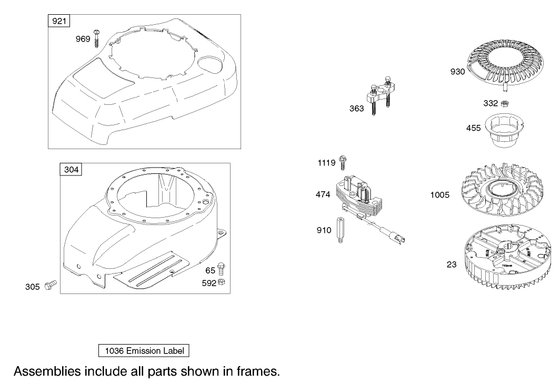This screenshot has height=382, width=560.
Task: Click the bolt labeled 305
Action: (51, 286)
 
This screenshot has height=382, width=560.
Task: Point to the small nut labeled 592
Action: (222, 282)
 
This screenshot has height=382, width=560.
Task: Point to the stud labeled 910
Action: (341, 230)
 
